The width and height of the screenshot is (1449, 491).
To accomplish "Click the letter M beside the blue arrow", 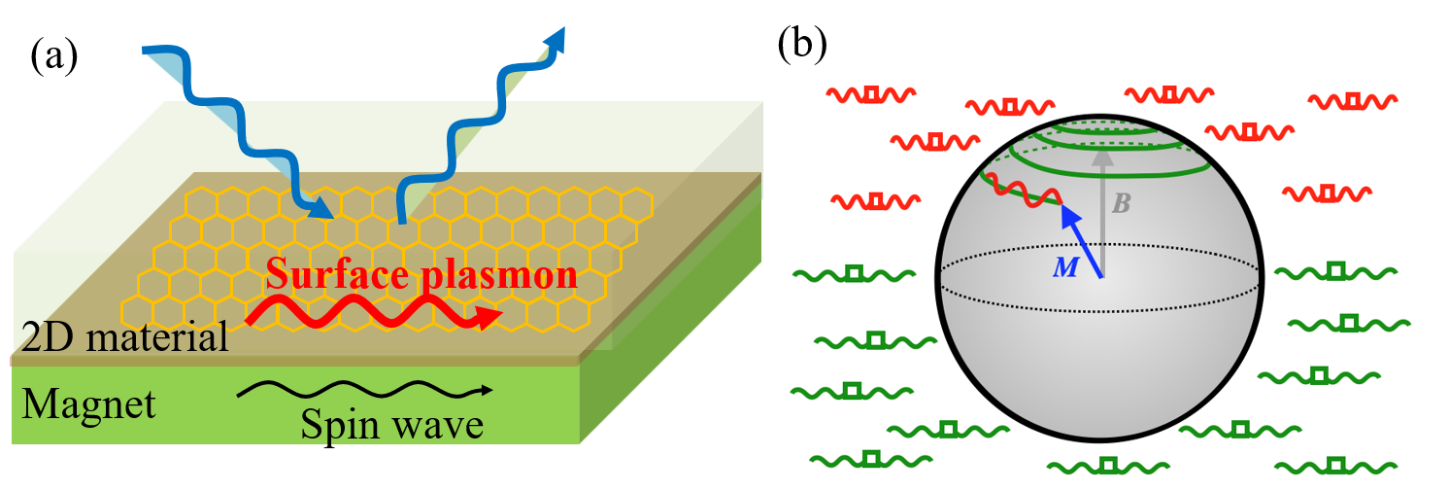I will pyautogui.click(x=1065, y=266).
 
